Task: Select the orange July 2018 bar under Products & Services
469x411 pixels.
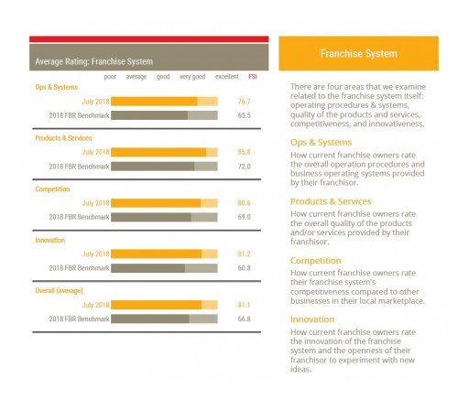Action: tap(158, 151)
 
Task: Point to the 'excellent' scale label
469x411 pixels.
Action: tap(227, 77)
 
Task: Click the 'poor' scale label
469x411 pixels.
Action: tap(110, 77)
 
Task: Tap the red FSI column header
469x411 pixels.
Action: tap(253, 77)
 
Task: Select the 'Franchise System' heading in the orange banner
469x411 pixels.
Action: tap(358, 54)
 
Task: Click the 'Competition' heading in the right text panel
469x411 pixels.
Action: tap(316, 260)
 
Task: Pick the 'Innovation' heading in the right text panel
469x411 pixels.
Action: tap(312, 319)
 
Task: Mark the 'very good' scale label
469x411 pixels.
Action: tap(192, 77)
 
